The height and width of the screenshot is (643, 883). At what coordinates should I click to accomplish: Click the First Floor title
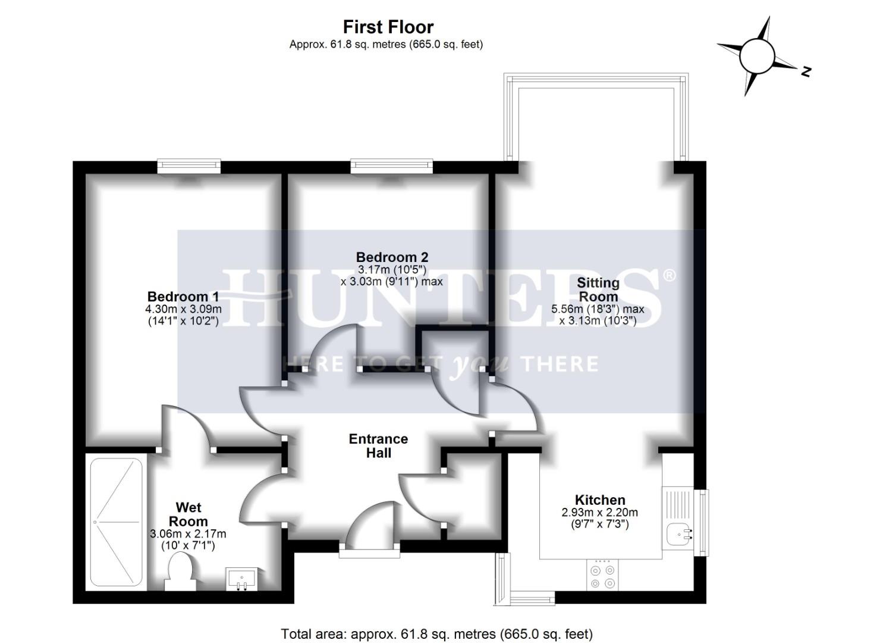click(388, 27)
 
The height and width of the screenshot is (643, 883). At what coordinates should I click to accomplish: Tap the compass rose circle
click(756, 56)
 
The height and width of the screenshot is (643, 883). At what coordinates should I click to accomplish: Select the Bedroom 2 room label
click(392, 257)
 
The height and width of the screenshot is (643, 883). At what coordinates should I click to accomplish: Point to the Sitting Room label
click(598, 289)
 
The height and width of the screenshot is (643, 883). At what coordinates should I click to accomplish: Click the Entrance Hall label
click(378, 446)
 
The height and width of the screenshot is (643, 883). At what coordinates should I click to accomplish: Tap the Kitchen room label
click(599, 500)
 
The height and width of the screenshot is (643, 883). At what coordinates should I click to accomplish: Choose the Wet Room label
click(188, 514)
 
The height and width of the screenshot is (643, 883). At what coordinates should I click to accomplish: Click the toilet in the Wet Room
click(180, 571)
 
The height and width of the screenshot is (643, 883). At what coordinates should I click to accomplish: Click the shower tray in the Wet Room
click(116, 522)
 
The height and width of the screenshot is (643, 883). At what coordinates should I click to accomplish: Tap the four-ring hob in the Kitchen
click(601, 576)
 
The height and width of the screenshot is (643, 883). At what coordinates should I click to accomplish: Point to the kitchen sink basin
click(678, 534)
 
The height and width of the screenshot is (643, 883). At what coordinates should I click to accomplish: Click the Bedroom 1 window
click(189, 166)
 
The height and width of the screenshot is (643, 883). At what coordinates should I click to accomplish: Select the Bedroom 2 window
click(391, 166)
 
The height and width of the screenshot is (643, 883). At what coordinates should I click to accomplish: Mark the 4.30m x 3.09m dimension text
click(183, 309)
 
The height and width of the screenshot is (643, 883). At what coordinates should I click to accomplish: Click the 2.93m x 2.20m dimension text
click(599, 513)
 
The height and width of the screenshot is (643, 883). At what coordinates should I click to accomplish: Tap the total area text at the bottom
click(436, 634)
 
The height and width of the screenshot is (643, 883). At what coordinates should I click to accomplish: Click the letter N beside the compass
click(806, 71)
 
